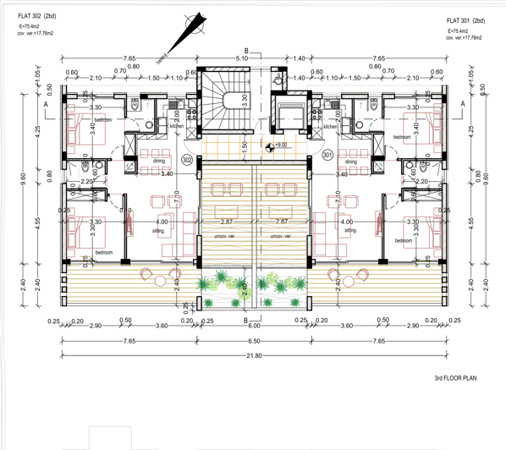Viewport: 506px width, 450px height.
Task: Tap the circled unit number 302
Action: [x=187, y=158]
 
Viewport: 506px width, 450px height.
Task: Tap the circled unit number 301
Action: [x=327, y=156]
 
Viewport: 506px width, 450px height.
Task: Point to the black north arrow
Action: [x=190, y=30]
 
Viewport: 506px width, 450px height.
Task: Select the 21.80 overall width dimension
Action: [x=253, y=355]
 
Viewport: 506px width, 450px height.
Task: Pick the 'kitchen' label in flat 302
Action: [x=176, y=127]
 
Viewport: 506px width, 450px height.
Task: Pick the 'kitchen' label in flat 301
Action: [x=330, y=127]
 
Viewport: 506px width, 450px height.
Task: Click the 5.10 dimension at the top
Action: [x=241, y=58]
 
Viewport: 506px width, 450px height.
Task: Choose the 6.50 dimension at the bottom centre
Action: [x=253, y=340]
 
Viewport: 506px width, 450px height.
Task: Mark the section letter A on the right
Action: [x=463, y=102]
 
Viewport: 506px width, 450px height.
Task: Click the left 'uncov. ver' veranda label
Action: [x=224, y=236]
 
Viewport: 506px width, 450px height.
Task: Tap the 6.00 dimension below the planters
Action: [x=255, y=326]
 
